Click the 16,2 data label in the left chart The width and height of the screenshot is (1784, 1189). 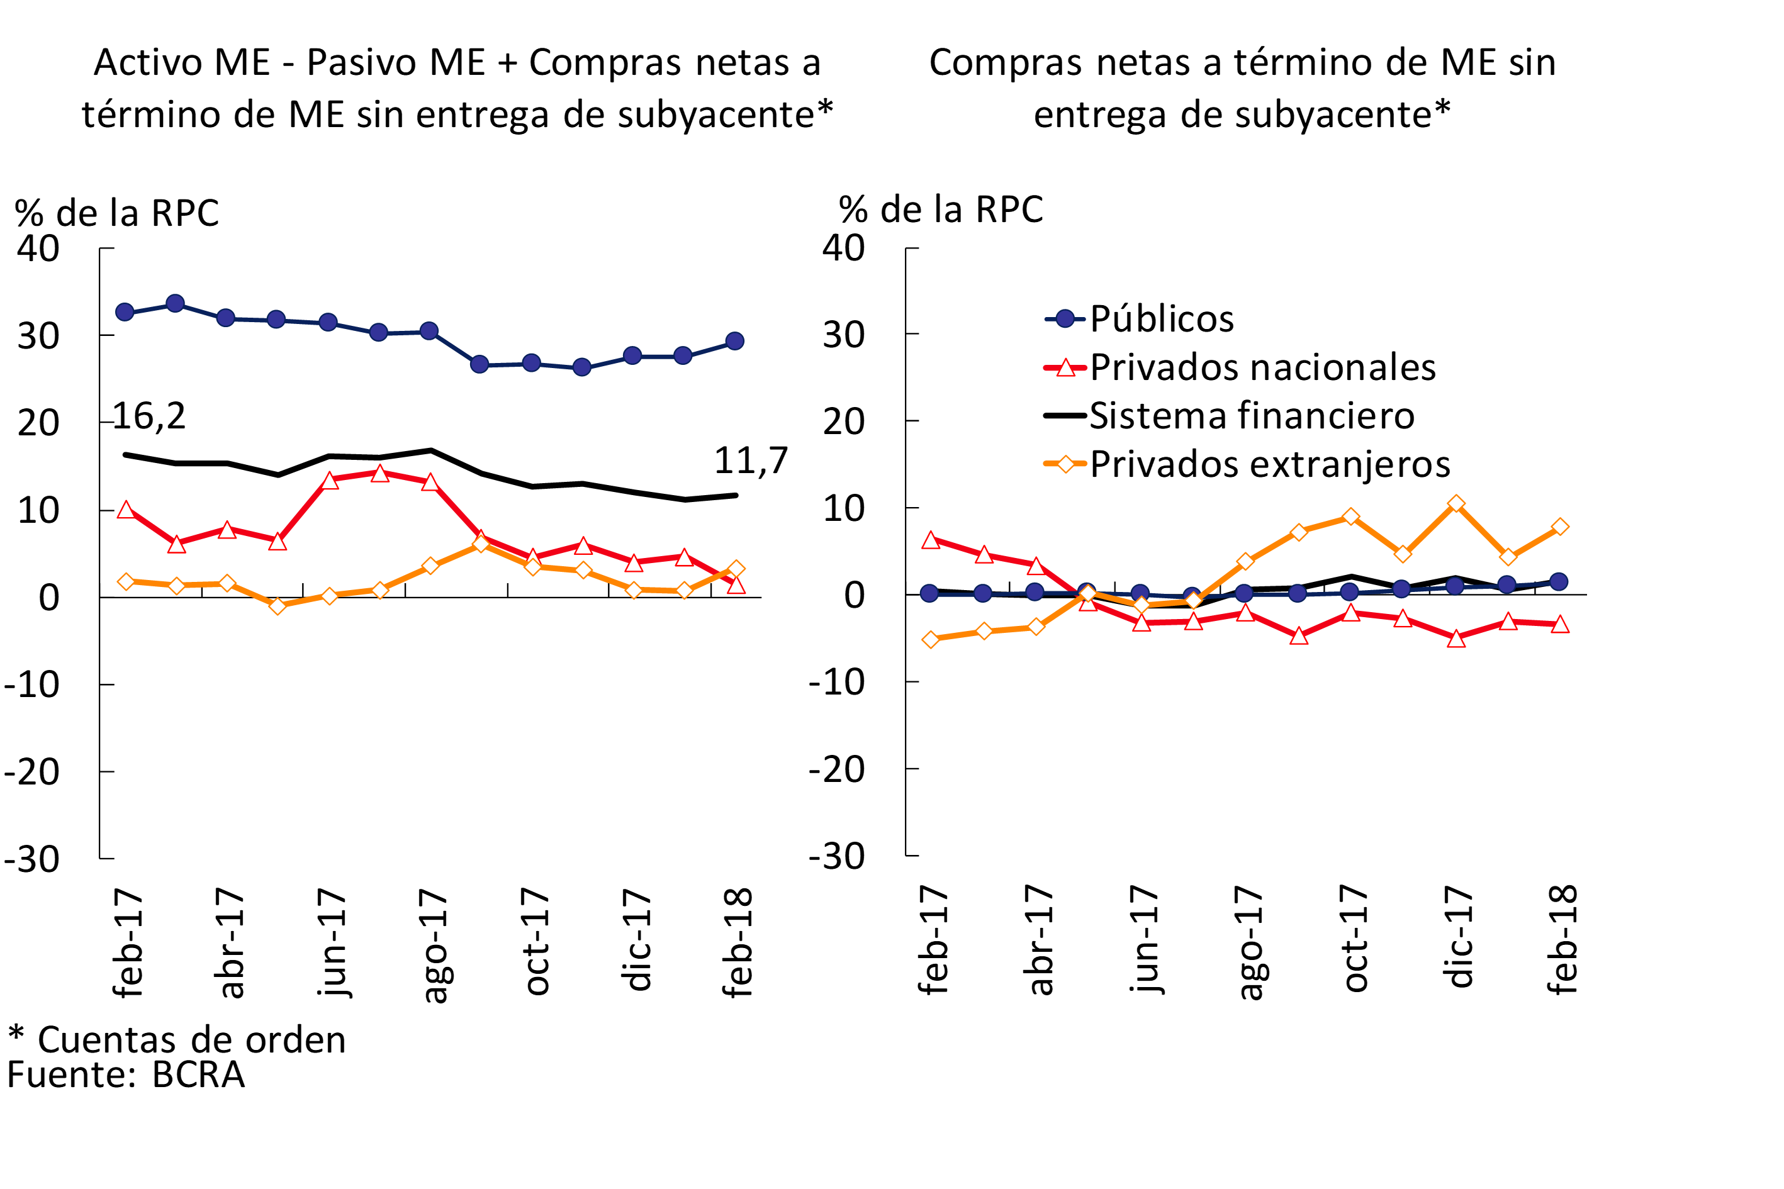point(149,416)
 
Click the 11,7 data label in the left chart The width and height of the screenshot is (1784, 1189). point(751,461)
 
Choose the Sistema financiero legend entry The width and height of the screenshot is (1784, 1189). point(1252,416)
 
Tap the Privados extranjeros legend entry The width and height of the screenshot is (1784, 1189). point(1269,464)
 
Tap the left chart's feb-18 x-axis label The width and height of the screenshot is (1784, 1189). point(738,942)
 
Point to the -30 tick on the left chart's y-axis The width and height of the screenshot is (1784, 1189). point(32,859)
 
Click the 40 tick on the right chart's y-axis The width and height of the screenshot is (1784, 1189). point(843,248)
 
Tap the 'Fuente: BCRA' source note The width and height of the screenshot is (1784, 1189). point(126,1075)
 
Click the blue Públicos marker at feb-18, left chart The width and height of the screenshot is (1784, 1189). point(734,341)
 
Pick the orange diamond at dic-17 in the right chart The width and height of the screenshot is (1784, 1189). point(1456,503)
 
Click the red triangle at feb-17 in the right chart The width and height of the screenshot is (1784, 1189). point(931,540)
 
